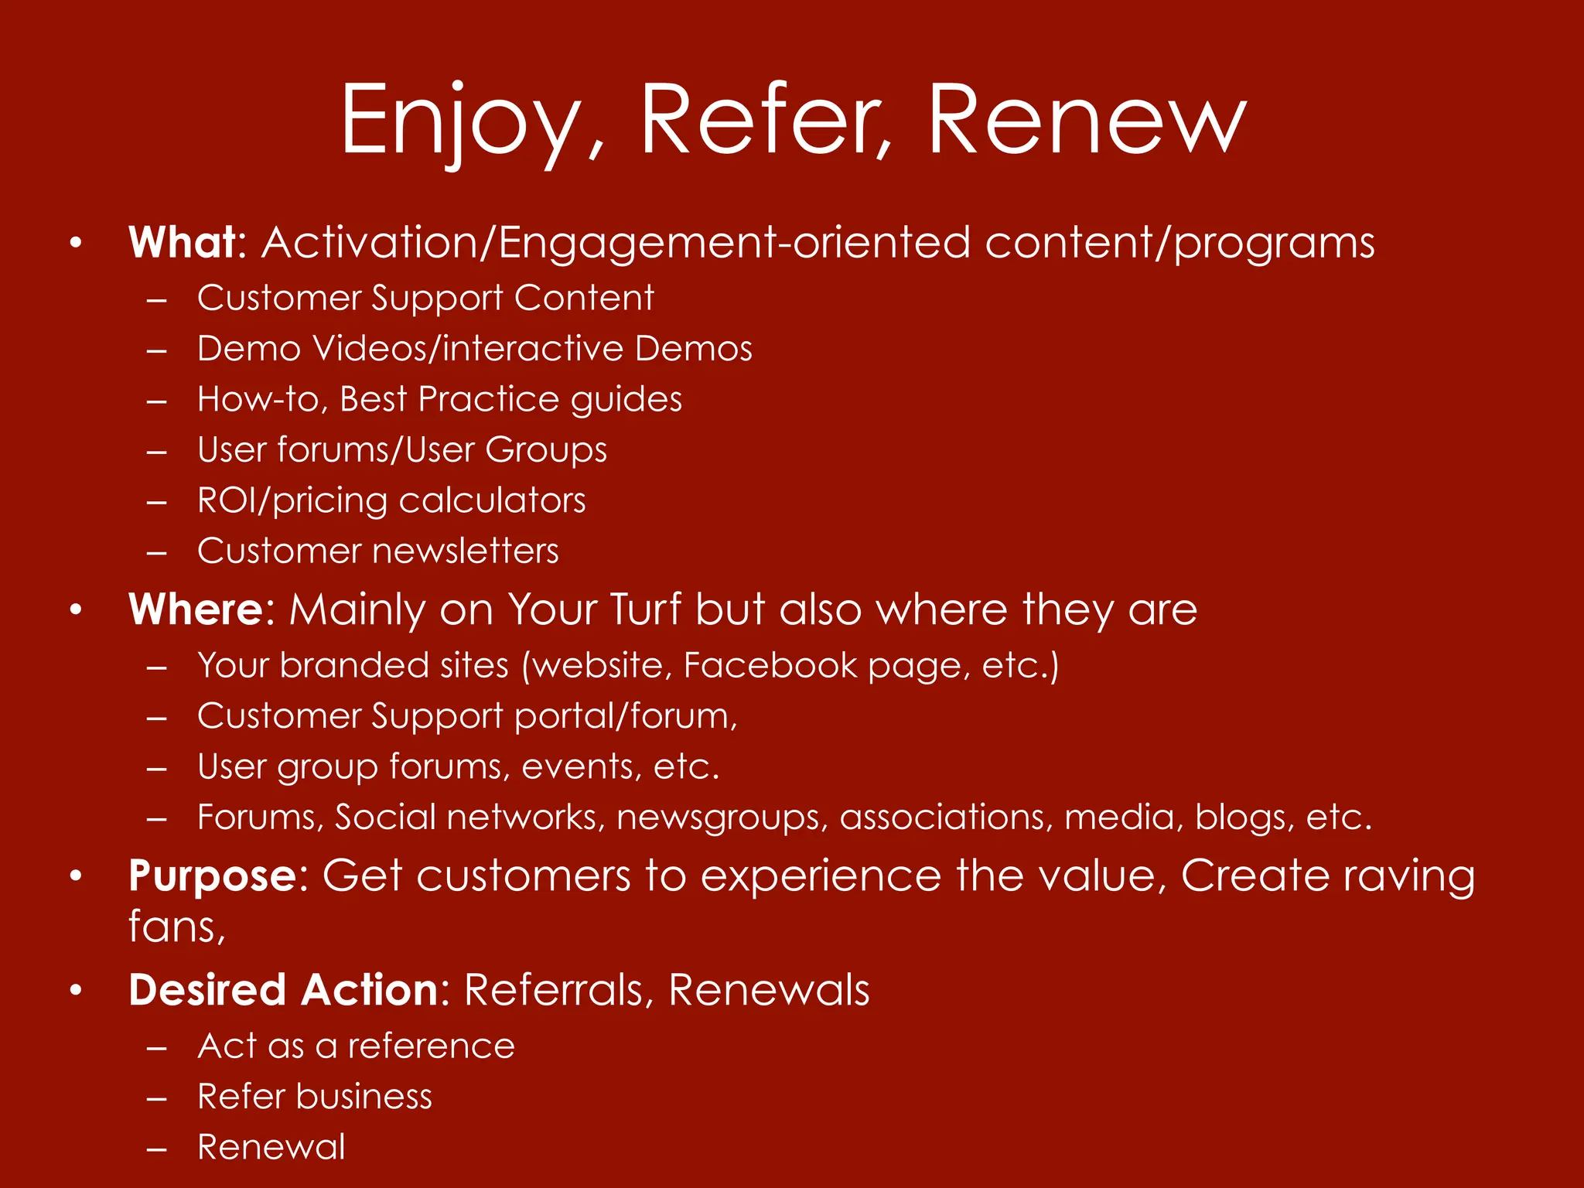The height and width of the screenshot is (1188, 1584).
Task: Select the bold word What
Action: click(x=183, y=243)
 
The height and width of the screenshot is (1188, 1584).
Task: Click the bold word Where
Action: click(x=197, y=609)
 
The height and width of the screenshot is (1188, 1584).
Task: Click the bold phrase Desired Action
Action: click(x=284, y=991)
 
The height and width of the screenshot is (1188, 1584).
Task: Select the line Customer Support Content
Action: click(x=425, y=299)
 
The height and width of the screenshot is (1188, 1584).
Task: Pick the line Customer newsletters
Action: click(x=377, y=551)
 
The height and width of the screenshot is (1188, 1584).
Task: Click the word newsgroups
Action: click(x=722, y=818)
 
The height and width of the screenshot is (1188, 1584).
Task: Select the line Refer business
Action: click(x=314, y=1098)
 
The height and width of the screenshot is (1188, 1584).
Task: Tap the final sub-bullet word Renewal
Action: click(x=271, y=1148)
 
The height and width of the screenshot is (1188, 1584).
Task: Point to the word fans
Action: click(x=176, y=927)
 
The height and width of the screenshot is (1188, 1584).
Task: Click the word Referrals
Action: click(x=554, y=991)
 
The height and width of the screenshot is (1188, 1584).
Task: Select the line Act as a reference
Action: click(x=356, y=1047)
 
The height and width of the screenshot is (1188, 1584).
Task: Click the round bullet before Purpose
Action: click(x=75, y=877)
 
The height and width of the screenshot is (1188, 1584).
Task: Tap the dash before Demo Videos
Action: click(x=157, y=350)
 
